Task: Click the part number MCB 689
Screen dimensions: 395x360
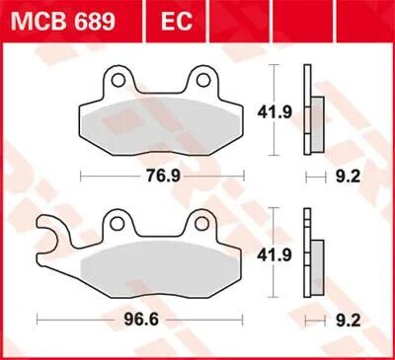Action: [63, 22]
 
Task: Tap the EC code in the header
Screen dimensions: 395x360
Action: [177, 22]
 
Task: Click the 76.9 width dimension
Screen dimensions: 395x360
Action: [163, 177]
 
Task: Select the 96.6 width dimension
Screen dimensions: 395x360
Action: [141, 320]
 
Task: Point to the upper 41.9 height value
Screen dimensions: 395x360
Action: [275, 112]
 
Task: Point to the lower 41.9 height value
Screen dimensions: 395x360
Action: [275, 254]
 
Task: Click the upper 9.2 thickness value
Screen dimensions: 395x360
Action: [348, 177]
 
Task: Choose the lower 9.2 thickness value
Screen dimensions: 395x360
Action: [348, 321]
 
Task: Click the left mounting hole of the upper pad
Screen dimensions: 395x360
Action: [118, 80]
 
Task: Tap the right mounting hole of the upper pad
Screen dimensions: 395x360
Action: [203, 80]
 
